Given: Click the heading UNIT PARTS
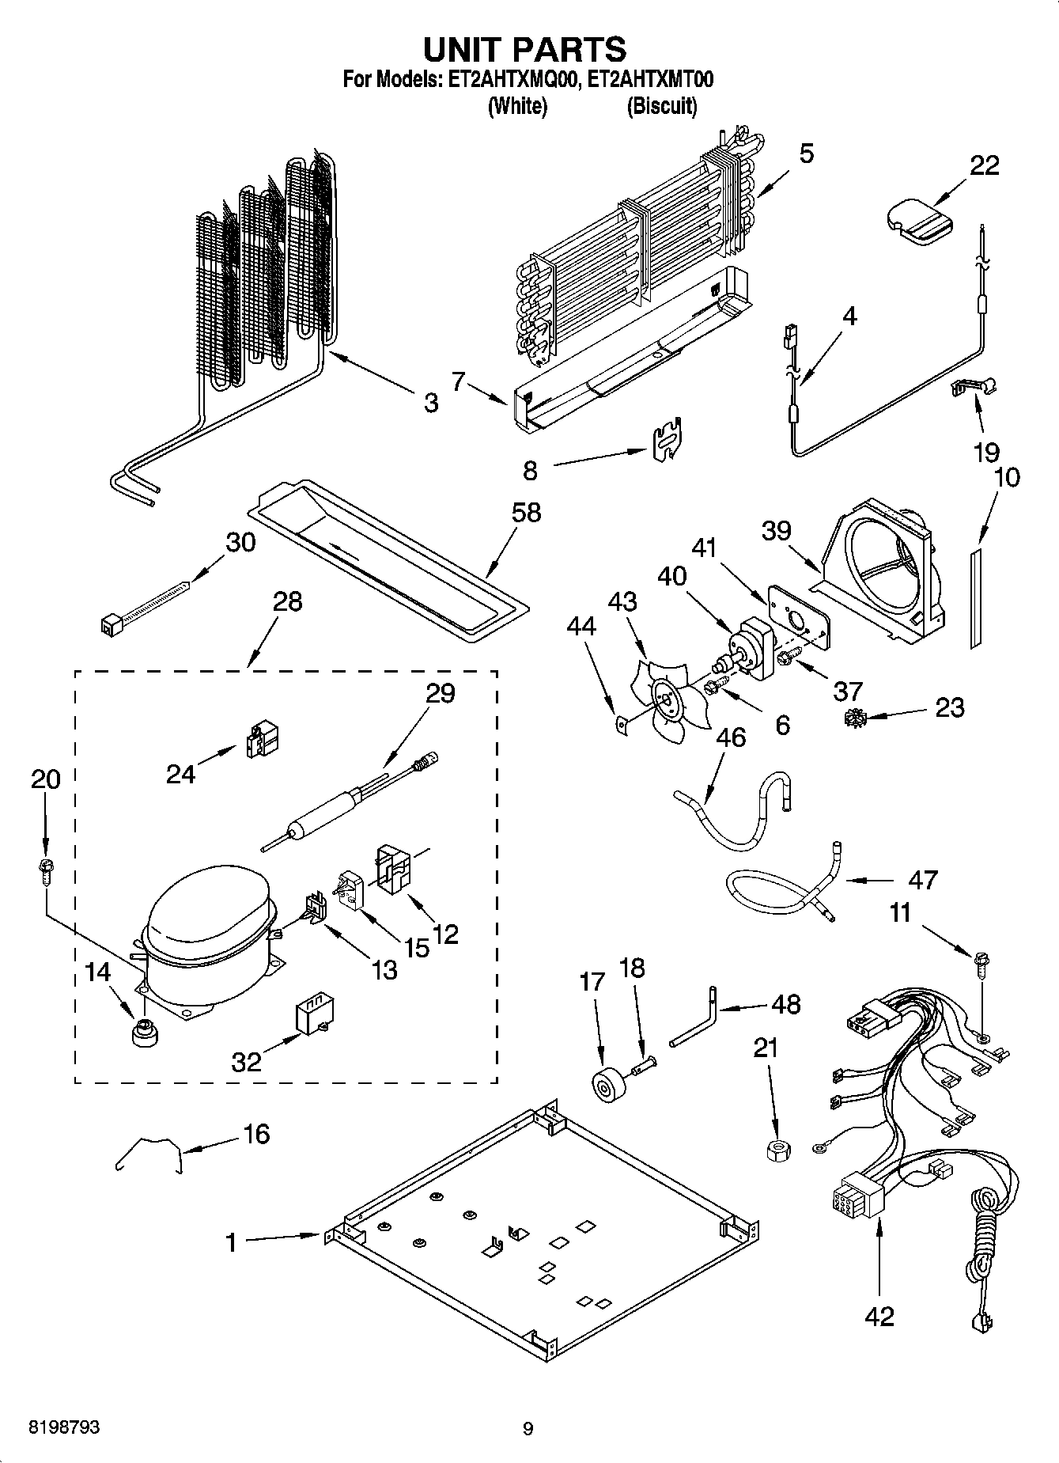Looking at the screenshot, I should pos(524,49).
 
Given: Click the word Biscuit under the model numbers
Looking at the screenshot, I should pos(662,106).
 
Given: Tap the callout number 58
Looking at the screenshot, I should pos(526,513).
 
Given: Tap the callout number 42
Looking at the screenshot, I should pos(879,1316).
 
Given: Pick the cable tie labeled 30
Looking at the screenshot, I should pos(146,608).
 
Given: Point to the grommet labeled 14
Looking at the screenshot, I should pos(144,1033).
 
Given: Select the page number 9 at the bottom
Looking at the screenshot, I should pos(528,1428).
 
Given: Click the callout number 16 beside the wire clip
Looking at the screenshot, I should pos(257,1134).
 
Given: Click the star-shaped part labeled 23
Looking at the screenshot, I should pos(853,719).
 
